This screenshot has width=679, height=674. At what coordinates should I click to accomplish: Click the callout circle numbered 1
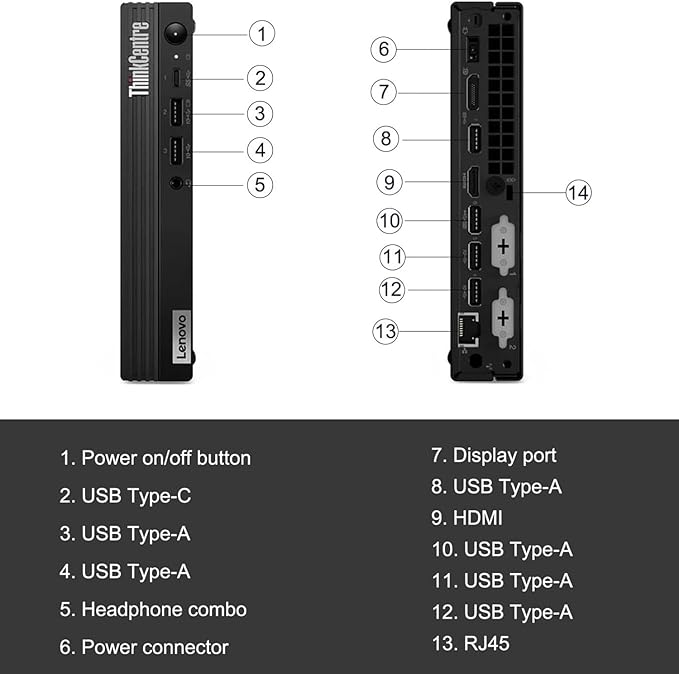(261, 33)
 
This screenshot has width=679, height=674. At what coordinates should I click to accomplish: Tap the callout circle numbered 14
(578, 192)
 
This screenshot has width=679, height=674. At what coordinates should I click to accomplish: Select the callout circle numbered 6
(386, 48)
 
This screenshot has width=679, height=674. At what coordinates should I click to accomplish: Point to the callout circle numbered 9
(391, 182)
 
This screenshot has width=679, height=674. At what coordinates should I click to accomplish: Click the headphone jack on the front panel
(177, 183)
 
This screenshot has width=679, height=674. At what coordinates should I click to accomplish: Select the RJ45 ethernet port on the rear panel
(467, 326)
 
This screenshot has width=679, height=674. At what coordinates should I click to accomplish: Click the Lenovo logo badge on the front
(181, 336)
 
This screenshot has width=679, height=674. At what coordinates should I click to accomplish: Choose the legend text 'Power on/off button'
(166, 458)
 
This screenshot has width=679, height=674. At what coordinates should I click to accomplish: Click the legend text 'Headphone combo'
(163, 609)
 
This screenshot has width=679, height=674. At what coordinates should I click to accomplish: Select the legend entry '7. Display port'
(493, 455)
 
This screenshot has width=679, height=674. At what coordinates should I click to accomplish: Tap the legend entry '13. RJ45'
(470, 643)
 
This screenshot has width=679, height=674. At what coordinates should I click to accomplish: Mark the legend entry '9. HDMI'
(466, 518)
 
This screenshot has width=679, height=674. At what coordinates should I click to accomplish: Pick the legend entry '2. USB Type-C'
(124, 496)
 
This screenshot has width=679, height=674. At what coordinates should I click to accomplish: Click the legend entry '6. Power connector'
(144, 647)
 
